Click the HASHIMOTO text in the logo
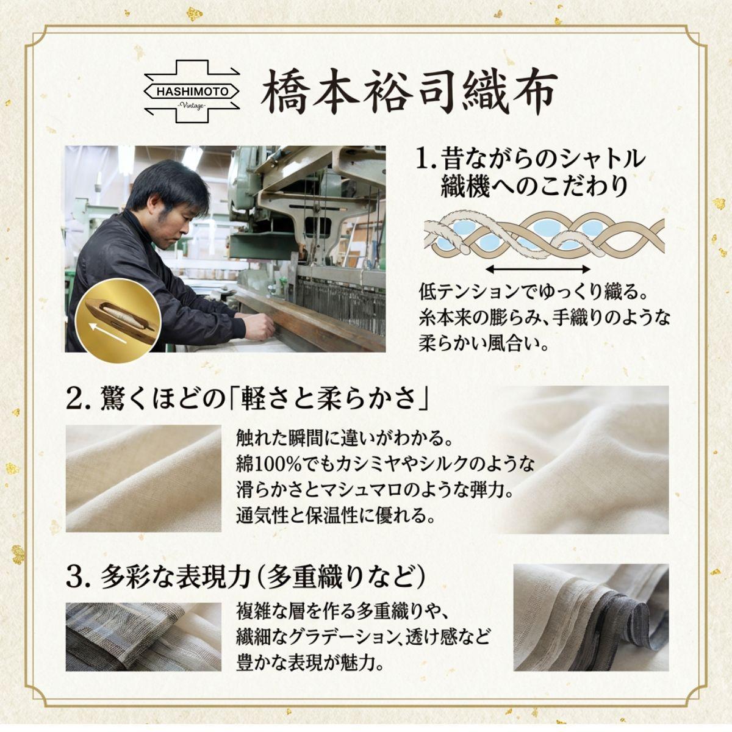(192, 91)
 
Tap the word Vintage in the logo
(192, 105)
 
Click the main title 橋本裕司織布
(409, 91)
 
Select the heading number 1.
(426, 160)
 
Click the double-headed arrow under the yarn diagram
(537, 270)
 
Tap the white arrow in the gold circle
(107, 334)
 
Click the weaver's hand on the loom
(260, 324)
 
